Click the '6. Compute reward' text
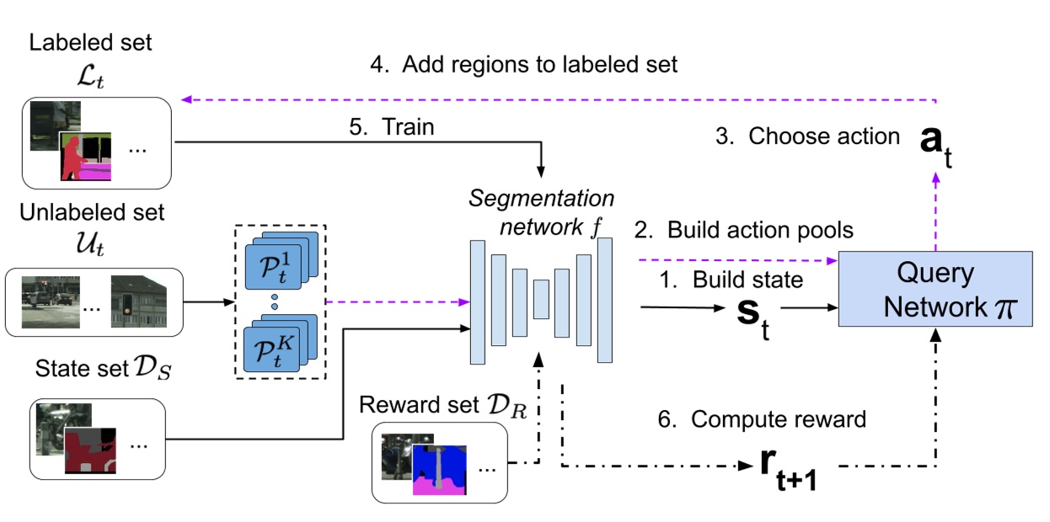tap(774, 418)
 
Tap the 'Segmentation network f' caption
tap(542, 213)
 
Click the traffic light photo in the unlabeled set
tap(138, 301)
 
